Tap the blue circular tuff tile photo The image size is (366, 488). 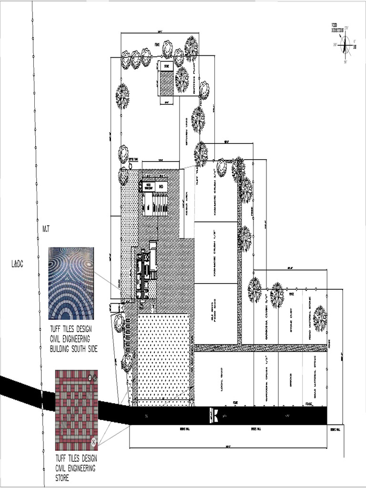click(71, 283)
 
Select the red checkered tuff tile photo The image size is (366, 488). click(76, 410)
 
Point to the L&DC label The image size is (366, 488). click(17, 263)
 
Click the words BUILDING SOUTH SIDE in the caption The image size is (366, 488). click(74, 349)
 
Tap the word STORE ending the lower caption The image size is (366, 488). click(62, 478)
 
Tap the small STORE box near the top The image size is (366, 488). click(166, 66)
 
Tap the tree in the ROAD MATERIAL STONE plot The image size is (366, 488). click(320, 318)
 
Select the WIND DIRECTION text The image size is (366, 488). click(337, 27)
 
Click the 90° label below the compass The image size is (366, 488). click(345, 62)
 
